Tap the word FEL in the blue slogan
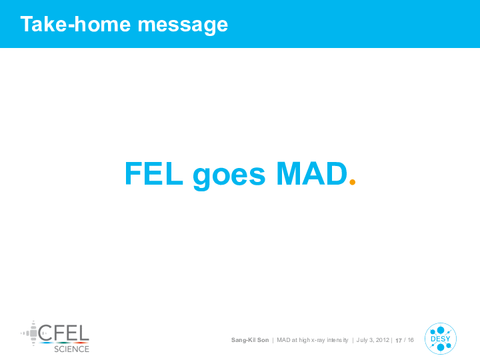coord(154,173)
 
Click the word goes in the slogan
coord(229,176)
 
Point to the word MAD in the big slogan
coord(311,173)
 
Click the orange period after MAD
coord(353,182)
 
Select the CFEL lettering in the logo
coord(64,333)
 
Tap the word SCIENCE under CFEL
coord(71,349)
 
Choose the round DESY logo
coord(441,339)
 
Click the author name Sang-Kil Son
coord(250,340)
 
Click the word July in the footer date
coord(362,340)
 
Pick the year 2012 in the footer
coord(383,340)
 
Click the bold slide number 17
coord(399,341)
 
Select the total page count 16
coord(411,340)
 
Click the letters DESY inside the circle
coord(441,339)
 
